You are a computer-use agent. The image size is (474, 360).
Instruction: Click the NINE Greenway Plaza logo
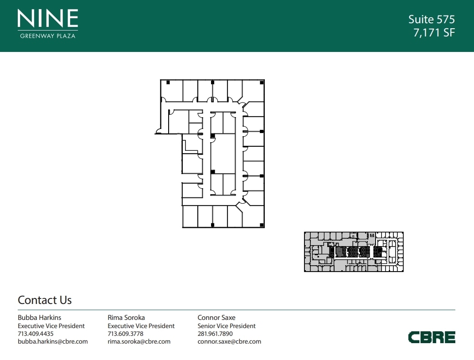48,24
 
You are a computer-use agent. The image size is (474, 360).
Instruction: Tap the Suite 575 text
431,19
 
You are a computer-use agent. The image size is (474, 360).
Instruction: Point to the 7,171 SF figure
434,33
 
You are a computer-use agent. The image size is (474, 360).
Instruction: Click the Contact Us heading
45,300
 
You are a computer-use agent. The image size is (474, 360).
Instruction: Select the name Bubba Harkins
39,317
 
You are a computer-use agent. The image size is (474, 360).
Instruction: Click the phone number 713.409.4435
36,334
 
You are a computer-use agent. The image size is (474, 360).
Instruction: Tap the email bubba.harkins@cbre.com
52,342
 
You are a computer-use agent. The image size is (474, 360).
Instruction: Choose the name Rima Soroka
126,317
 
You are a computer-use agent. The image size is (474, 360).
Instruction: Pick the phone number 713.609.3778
125,334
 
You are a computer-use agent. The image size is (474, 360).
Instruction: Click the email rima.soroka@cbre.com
139,342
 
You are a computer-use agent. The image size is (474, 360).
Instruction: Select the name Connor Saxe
216,317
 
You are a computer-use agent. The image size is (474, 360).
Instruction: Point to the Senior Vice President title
227,326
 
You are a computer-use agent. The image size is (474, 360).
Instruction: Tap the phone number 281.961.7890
215,334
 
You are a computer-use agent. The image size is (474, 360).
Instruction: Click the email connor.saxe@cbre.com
229,342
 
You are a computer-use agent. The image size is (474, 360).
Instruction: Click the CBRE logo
432,337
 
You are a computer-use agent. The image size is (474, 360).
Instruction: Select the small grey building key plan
354,252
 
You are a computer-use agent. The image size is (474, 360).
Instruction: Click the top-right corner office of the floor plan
253,90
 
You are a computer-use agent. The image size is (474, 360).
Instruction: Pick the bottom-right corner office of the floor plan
253,216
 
